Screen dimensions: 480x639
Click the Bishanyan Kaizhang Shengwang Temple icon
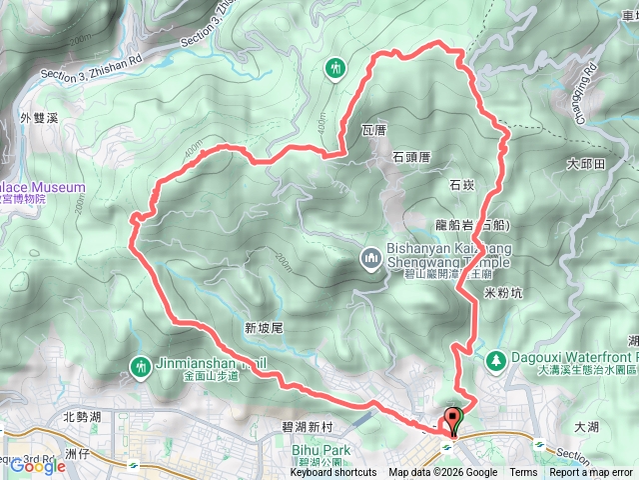[x=371, y=259]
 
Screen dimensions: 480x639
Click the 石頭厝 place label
[x=410, y=157]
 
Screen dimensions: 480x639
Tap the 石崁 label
[x=461, y=185]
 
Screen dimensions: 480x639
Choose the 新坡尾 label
[x=265, y=327]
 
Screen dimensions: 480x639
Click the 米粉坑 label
[x=503, y=293]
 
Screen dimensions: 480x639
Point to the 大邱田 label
[x=585, y=163]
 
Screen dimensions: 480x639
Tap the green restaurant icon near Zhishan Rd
[x=334, y=68]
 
